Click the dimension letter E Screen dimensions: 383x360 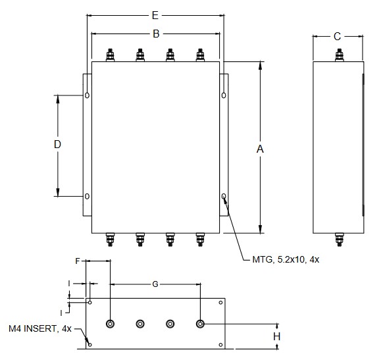point(155,15)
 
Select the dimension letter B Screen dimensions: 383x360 point(156,34)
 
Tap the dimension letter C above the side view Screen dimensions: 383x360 point(337,36)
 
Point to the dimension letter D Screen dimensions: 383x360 point(57,144)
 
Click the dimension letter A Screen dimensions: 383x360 point(260,149)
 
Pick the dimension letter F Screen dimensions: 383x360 point(78,261)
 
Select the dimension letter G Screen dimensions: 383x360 point(155,284)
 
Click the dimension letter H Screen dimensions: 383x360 point(276,336)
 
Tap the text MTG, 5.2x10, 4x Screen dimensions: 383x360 point(286,259)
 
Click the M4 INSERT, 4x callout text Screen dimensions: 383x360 point(40,328)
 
